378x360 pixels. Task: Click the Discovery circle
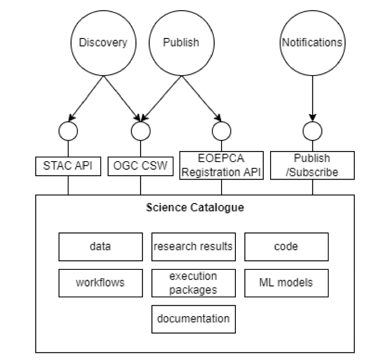103,43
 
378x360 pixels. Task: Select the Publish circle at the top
181,43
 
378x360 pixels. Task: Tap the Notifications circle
312,43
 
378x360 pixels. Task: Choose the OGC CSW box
140,166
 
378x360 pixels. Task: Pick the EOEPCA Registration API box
222,165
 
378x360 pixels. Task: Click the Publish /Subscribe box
312,165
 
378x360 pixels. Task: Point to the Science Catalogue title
195,208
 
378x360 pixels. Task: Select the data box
100,246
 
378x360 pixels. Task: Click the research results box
193,246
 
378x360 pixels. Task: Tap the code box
286,246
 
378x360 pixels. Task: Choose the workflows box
100,283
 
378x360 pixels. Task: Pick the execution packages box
193,283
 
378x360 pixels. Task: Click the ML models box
286,283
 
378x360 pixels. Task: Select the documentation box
193,319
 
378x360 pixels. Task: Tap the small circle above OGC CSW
140,131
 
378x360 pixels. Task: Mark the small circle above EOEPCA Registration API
222,131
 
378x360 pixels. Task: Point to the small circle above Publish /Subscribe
312,131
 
